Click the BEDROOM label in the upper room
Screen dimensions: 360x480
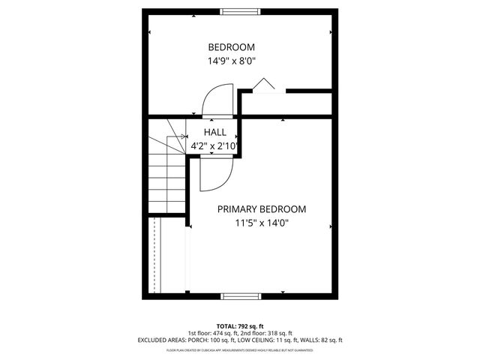(236, 46)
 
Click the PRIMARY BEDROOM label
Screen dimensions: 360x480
(262, 209)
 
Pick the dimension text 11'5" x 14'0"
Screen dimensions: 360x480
(262, 223)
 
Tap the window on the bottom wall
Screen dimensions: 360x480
(241, 295)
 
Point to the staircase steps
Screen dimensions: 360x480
(166, 176)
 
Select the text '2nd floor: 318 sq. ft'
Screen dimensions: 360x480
(268, 333)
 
